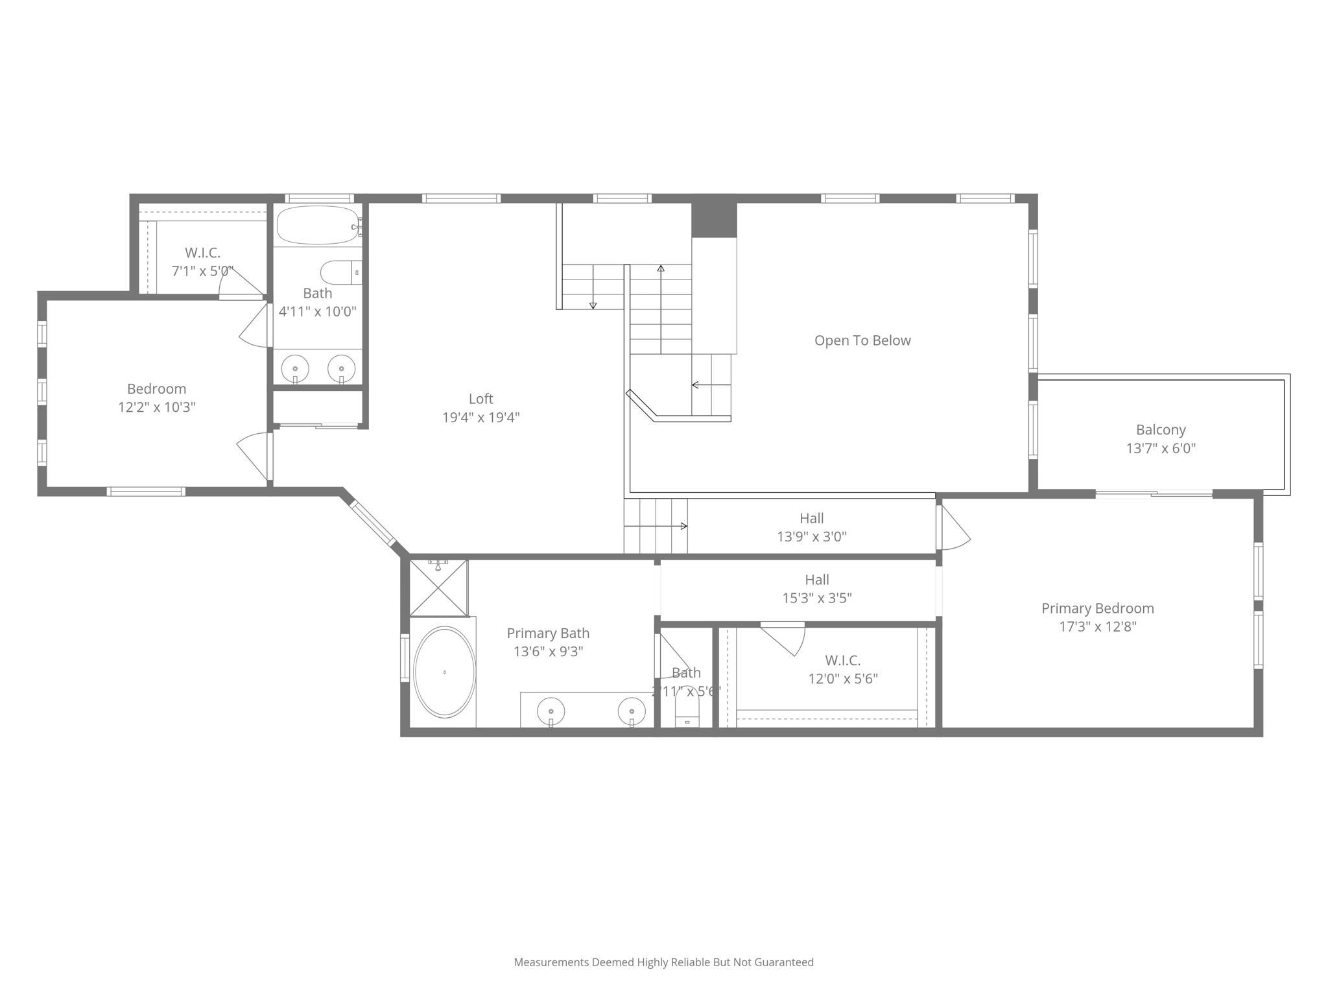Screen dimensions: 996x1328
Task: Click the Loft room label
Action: [480, 399]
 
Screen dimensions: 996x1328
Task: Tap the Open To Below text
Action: [862, 340]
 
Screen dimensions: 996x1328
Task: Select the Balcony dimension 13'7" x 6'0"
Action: [1161, 448]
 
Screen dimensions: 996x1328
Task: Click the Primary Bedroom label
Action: [1097, 608]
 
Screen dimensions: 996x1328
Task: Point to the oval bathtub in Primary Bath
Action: [444, 672]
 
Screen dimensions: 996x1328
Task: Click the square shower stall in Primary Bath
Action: [439, 587]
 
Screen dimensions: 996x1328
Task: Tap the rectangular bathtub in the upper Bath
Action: [317, 225]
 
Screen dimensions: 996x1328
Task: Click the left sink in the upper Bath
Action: [295, 369]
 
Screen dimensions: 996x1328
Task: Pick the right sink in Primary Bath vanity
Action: [632, 711]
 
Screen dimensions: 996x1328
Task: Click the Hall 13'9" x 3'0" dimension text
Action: [812, 537]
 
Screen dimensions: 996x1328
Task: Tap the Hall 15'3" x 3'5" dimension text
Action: [817, 598]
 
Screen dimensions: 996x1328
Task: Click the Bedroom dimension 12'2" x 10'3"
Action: [156, 407]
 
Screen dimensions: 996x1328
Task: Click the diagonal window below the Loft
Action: [372, 523]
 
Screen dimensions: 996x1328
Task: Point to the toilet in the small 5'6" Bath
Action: [687, 710]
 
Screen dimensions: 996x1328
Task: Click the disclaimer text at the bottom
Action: [663, 962]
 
